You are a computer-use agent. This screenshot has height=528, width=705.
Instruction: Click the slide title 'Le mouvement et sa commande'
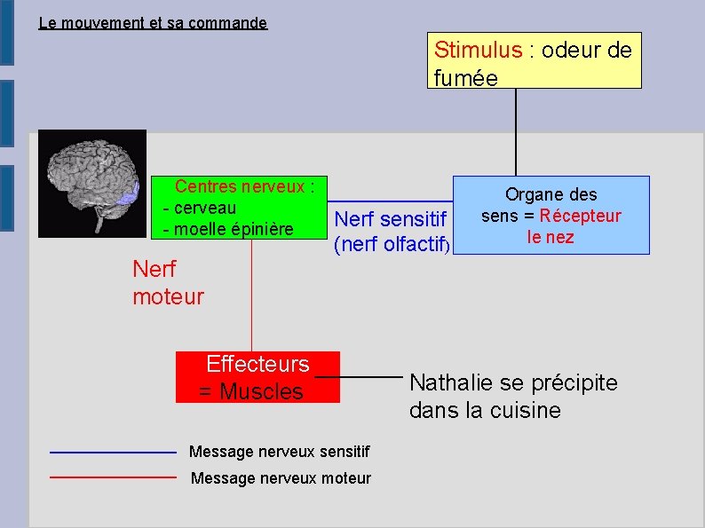(x=153, y=23)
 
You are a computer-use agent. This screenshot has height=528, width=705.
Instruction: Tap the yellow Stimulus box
(x=534, y=61)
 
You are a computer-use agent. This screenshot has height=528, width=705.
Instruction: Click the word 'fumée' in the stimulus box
(x=465, y=77)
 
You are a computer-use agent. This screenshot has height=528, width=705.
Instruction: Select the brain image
(x=93, y=184)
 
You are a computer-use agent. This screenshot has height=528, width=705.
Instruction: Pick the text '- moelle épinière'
(x=228, y=229)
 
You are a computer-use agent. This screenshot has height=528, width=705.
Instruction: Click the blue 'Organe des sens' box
(x=551, y=216)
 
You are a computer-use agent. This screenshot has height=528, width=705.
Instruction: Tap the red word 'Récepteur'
(x=580, y=216)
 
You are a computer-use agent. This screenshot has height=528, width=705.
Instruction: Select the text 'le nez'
(x=551, y=237)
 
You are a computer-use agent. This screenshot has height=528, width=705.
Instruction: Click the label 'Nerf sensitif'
(x=393, y=218)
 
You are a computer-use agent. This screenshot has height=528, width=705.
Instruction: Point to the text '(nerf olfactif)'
(x=393, y=245)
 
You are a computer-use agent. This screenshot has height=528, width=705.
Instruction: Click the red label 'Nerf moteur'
(x=167, y=282)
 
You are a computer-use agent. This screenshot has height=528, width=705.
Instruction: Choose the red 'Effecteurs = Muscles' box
(x=257, y=377)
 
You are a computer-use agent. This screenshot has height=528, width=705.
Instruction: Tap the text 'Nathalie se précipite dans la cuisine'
(x=512, y=397)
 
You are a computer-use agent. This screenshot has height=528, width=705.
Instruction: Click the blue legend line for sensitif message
(x=113, y=453)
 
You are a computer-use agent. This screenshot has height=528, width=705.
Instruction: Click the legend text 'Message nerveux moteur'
(x=281, y=478)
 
